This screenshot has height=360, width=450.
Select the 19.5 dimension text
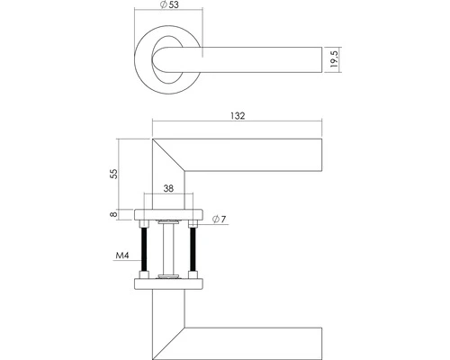click(334, 60)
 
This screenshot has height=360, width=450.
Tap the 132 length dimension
click(238, 115)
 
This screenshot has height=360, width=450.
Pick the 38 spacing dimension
click(169, 190)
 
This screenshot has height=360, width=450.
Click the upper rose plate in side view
click(168, 214)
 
